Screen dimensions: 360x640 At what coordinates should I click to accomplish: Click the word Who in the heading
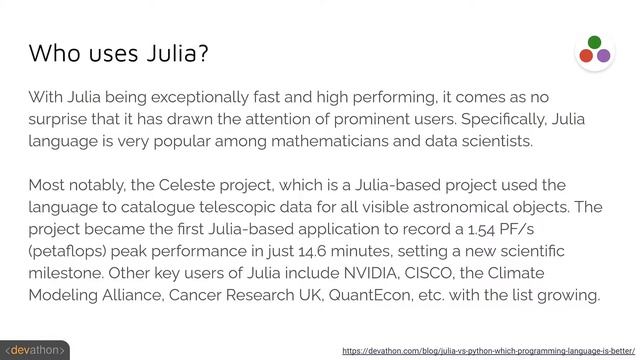[53, 52]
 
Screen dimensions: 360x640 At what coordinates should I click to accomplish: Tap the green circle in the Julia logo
[594, 43]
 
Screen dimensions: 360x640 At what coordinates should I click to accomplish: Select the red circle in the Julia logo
[586, 56]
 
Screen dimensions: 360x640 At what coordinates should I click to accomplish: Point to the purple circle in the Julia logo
[603, 56]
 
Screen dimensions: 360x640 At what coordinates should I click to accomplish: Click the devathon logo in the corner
[34, 351]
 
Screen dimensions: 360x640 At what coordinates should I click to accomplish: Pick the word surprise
[63, 119]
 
